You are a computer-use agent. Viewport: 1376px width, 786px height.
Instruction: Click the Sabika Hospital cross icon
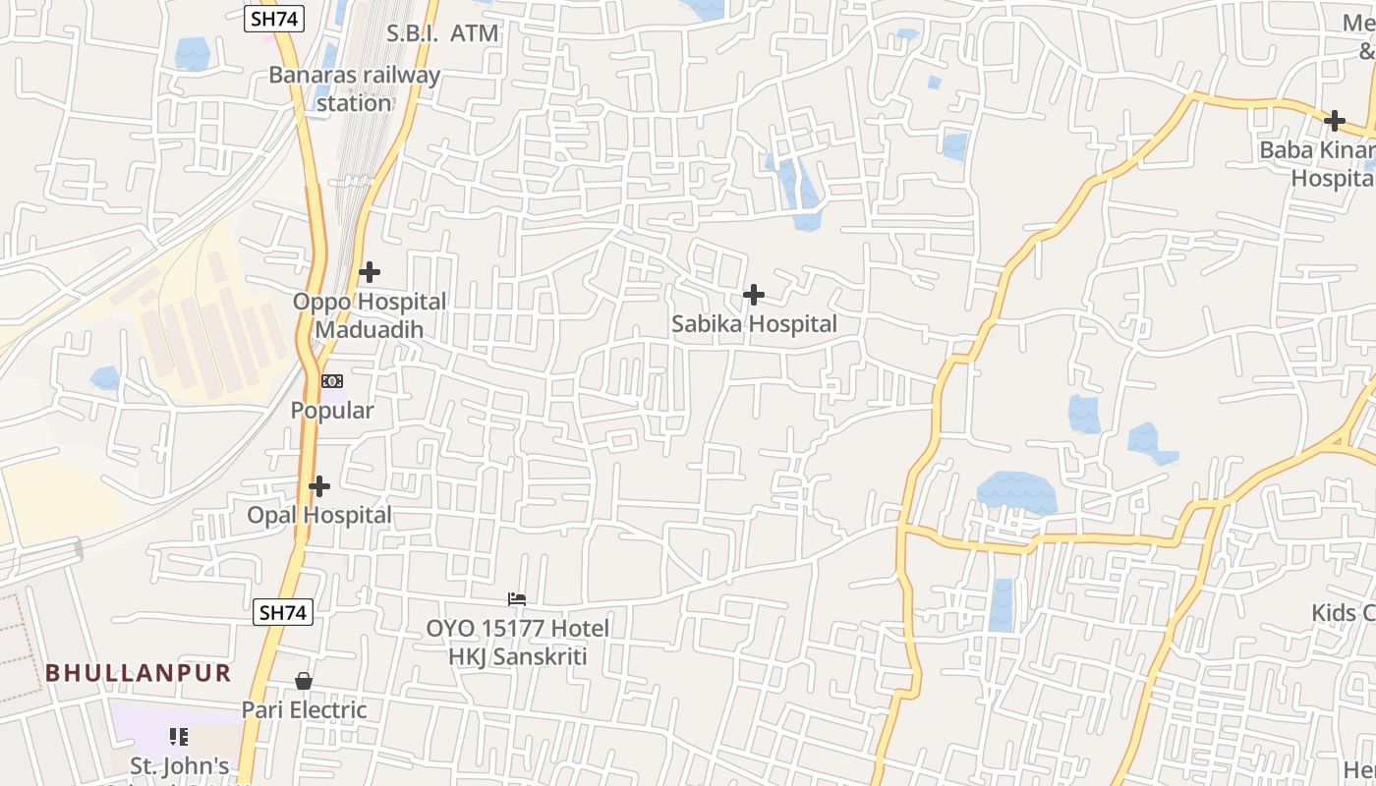point(754,295)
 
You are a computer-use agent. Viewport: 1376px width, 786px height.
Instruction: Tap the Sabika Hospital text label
point(754,324)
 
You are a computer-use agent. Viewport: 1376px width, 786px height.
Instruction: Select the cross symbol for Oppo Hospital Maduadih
point(370,272)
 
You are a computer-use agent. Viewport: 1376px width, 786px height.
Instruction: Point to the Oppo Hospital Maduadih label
point(370,315)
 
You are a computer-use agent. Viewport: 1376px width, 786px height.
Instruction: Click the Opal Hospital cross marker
point(319,486)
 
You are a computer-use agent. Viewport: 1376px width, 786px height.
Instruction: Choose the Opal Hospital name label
point(319,515)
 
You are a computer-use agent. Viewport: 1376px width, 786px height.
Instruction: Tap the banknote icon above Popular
point(332,381)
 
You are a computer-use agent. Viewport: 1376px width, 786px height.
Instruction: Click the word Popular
point(332,411)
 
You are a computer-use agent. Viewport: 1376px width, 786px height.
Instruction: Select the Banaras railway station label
point(355,88)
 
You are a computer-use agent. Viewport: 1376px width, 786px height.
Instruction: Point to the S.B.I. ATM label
point(442,33)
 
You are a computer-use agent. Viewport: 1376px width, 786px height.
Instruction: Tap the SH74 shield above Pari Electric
point(283,612)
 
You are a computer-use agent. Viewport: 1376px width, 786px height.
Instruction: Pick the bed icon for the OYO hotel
point(517,599)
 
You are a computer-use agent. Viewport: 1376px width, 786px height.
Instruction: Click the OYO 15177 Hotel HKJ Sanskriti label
point(517,643)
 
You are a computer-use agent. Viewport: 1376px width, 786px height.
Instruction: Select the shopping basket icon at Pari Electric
point(305,681)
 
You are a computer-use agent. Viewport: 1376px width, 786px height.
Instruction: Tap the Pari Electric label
point(305,709)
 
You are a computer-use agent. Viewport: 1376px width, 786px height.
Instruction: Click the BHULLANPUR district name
point(139,673)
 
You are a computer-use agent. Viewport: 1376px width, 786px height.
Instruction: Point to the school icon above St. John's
point(179,736)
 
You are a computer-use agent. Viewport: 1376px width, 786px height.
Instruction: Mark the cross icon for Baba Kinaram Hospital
point(1334,122)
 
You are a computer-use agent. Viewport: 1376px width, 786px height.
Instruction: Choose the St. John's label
point(181,766)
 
